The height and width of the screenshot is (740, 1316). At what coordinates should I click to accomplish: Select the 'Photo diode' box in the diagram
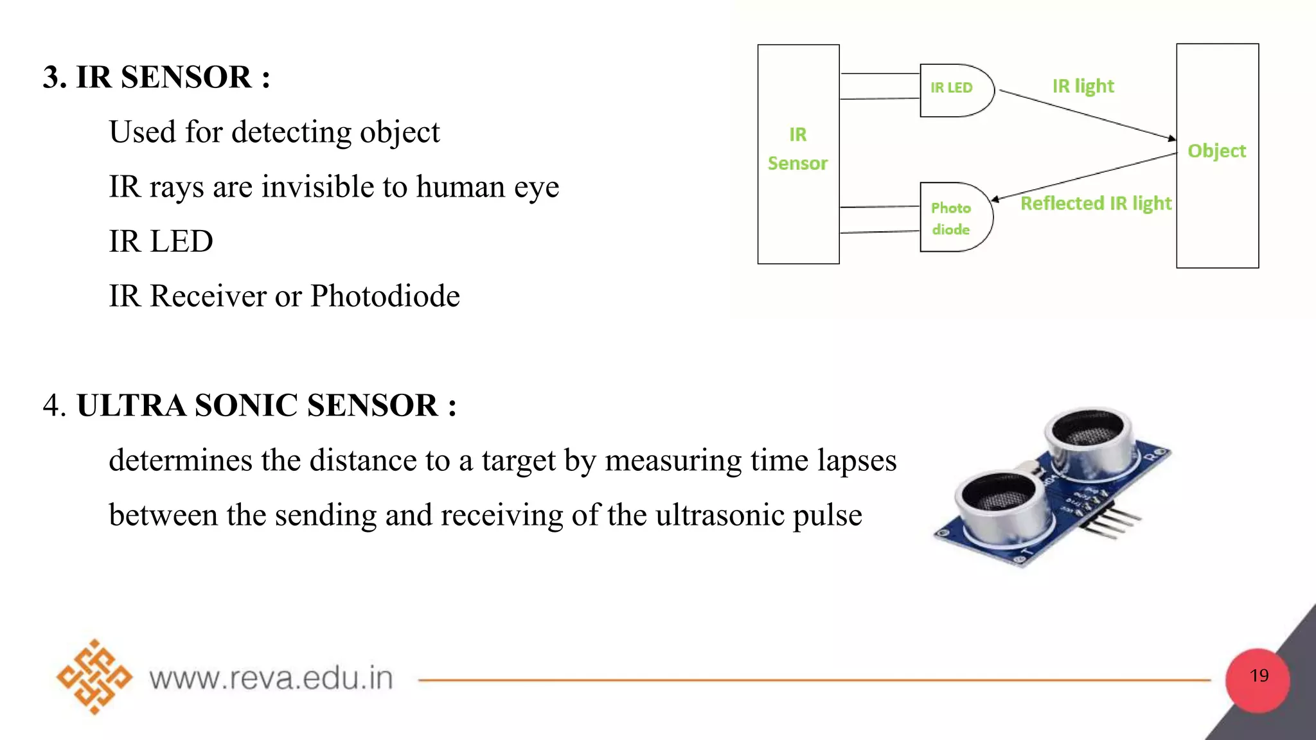(x=954, y=218)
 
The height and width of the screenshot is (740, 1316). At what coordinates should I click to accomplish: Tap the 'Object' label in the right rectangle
(x=1216, y=151)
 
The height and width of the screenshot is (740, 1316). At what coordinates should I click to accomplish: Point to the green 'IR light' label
(x=1083, y=86)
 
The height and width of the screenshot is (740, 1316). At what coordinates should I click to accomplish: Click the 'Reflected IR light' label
(x=1096, y=204)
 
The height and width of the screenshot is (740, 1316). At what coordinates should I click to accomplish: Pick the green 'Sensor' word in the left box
(x=797, y=163)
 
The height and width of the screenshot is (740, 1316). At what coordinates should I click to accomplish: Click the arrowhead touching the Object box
(x=1171, y=138)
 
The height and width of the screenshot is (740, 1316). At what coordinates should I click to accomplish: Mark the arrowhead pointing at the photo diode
(x=995, y=199)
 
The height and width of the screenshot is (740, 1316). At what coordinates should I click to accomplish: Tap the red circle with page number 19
(x=1258, y=680)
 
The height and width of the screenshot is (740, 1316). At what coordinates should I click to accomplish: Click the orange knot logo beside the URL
(x=94, y=676)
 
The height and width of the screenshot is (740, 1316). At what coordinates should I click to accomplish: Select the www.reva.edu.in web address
(x=271, y=678)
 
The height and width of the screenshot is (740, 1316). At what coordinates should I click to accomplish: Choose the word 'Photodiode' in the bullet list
(x=385, y=296)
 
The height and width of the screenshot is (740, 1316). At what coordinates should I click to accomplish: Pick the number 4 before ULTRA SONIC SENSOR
(x=52, y=405)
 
